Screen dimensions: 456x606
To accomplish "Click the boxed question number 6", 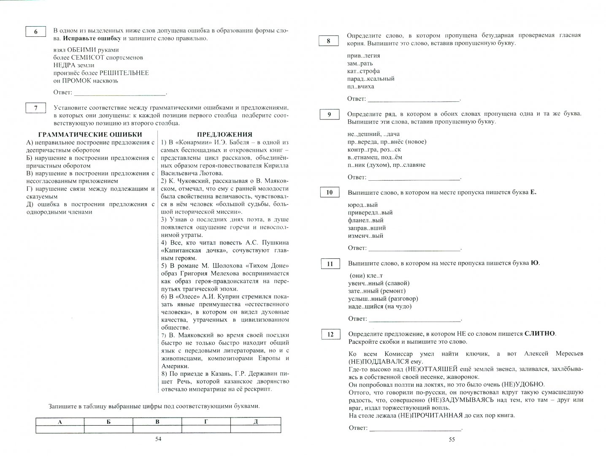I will (x=35, y=32).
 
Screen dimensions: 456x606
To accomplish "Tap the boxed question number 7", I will (x=35, y=108).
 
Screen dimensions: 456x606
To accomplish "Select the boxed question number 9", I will (x=330, y=114).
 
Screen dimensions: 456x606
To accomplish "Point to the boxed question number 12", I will (x=330, y=334).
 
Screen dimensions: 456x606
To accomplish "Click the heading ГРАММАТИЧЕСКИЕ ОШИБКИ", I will (x=90, y=135).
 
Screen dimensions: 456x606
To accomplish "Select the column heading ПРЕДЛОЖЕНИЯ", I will (x=224, y=135).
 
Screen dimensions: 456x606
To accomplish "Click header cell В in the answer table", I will (x=157, y=421).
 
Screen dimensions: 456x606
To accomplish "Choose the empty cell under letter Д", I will (x=256, y=429).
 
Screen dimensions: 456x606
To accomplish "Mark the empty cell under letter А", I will (x=60, y=429).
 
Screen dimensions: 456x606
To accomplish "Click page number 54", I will (x=158, y=440).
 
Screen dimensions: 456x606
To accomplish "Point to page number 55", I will (x=452, y=440).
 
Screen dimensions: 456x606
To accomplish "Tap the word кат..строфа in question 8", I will (x=363, y=71).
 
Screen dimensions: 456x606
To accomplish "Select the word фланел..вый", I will (x=365, y=220).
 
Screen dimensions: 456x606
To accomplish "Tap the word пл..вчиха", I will (x=360, y=87).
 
